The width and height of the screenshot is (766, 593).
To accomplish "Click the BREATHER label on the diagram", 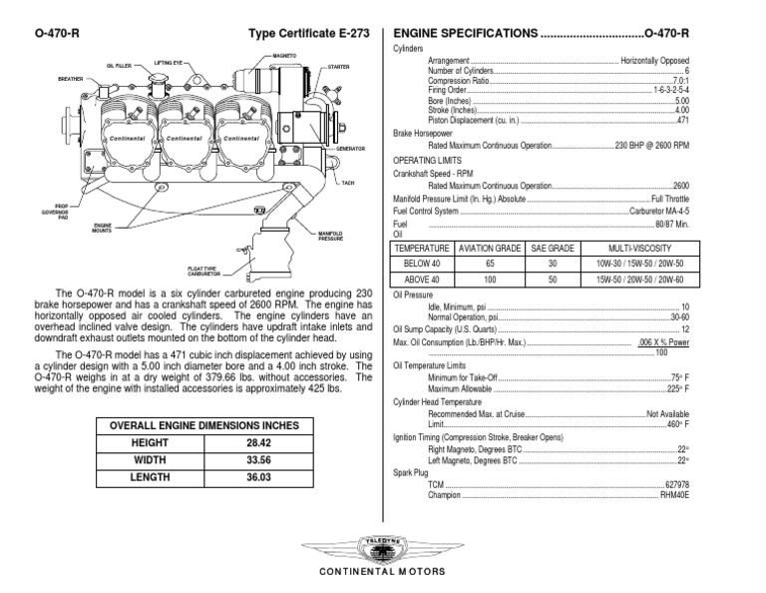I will coord(70,77).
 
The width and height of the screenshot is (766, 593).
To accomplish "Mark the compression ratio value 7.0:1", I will coord(680,81).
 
